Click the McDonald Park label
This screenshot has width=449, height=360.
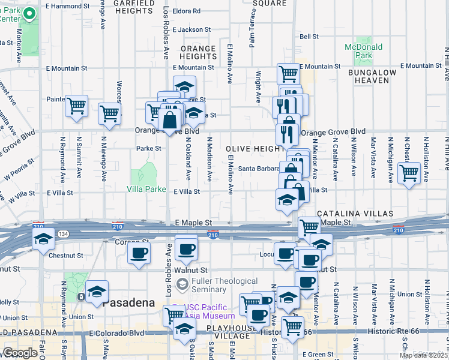coord(363,51)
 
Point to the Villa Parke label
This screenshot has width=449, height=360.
coord(146,189)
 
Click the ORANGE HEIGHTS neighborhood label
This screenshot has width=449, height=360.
coord(197,52)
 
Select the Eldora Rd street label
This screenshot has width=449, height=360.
coord(185,11)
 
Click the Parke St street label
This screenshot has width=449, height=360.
coord(149,148)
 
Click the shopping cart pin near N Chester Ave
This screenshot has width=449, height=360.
coord(409,173)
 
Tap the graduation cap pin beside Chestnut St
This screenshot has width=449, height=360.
coord(43,239)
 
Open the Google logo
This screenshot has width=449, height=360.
coord(20,353)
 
